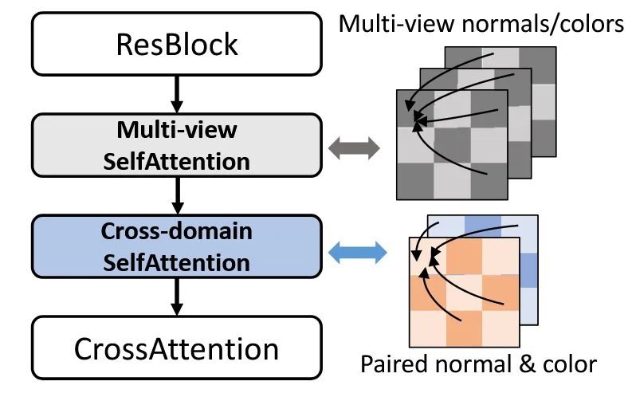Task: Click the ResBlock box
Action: click(x=176, y=44)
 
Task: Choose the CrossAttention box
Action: click(x=176, y=348)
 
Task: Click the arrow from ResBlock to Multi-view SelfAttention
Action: click(x=177, y=92)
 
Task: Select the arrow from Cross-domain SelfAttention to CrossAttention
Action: click(x=177, y=297)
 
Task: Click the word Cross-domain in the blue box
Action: click(x=176, y=232)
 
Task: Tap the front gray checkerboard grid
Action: click(x=452, y=159)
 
